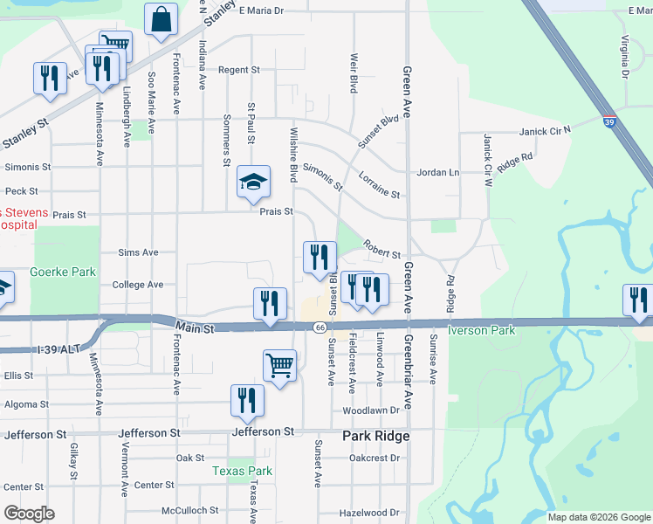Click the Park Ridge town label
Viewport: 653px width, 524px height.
[x=375, y=435]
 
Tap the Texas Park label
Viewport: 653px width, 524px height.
[x=243, y=471]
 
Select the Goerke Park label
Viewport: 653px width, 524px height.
[x=62, y=272]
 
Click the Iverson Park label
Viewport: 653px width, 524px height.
[x=482, y=330]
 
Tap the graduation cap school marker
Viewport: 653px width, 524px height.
[x=253, y=183]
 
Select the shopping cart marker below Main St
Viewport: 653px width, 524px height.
[x=279, y=365]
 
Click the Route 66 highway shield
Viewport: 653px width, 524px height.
[x=320, y=327]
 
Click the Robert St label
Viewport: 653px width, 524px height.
[x=381, y=250]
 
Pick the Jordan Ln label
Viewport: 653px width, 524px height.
[x=436, y=172]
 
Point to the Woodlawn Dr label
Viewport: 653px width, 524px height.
[x=371, y=410]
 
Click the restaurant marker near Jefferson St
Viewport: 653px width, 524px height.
[x=247, y=399]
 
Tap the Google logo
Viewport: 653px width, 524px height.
[x=29, y=514]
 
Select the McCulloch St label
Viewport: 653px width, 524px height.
[x=189, y=510]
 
